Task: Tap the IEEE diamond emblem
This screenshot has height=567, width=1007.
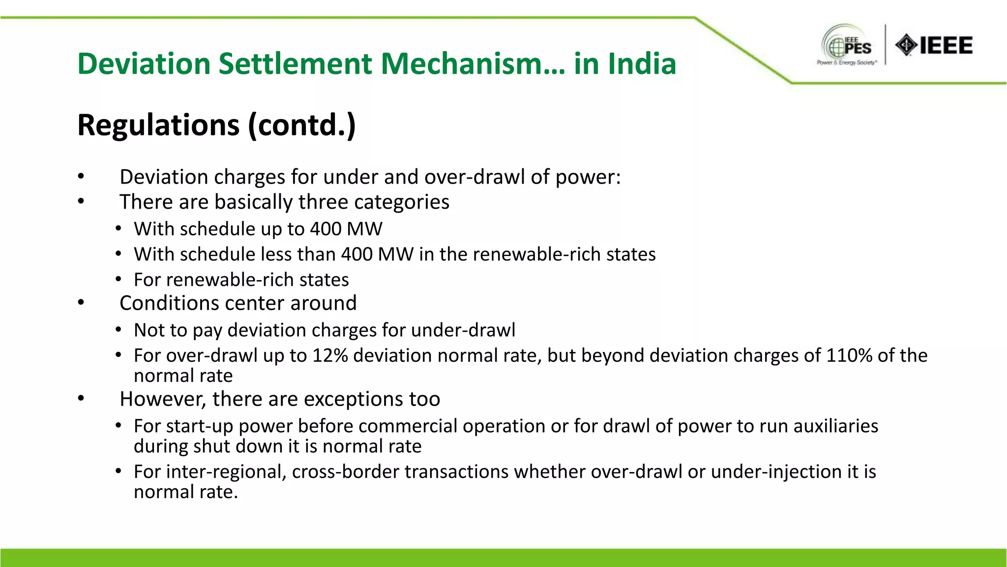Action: point(906,45)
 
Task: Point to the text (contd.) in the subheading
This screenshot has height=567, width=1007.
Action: point(301,125)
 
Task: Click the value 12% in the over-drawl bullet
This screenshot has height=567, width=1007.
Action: point(330,355)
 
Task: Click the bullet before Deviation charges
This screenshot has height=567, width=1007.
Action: point(81,177)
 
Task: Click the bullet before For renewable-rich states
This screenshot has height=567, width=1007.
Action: point(118,280)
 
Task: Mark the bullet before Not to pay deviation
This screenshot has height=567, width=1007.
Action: point(118,330)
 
